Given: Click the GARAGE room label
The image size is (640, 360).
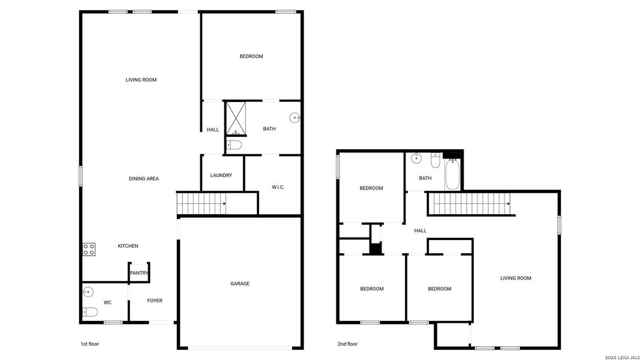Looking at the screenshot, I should tap(240, 284).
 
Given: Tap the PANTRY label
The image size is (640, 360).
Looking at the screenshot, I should tap(139, 274).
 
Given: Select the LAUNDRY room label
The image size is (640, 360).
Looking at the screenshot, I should tap(221, 175).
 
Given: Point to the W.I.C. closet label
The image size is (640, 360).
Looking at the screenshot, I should tap(278, 187).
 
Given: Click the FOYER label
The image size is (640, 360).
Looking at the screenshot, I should tap(155, 301).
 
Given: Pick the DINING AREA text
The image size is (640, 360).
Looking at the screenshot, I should tap(143, 179).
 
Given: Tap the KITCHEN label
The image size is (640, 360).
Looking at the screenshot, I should tap(128, 246).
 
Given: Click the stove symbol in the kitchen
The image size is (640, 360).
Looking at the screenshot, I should tap(89, 249).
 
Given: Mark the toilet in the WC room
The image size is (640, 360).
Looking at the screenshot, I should tap(90, 311).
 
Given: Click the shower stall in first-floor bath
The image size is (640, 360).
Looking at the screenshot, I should tap(235, 118).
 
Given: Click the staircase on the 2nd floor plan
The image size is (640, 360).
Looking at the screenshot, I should tap(471, 203).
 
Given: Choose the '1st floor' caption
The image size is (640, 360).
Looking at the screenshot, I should tap(89, 344).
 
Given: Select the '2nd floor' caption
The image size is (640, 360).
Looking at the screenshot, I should tap(347, 344).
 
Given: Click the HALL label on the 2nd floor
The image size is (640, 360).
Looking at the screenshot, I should tap(420, 230).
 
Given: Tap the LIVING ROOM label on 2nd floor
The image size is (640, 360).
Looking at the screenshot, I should tap(516, 278).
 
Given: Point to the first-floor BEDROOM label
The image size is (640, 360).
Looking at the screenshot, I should tap(251, 56).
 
